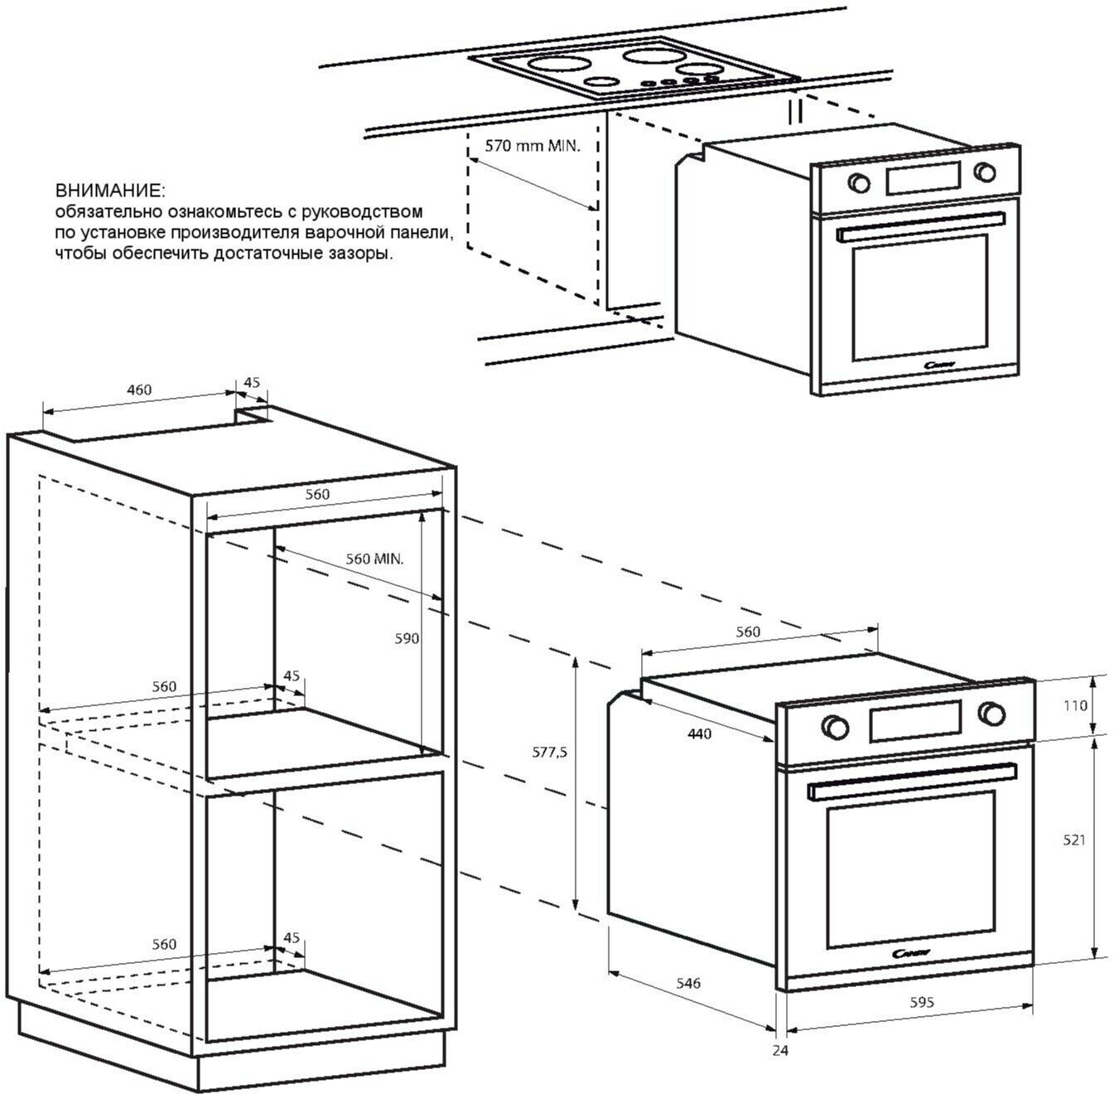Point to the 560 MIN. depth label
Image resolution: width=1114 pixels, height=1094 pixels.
pyautogui.click(x=374, y=559)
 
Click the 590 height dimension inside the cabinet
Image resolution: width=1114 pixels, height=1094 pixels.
pyautogui.click(x=407, y=638)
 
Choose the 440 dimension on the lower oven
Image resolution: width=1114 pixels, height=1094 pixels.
pyautogui.click(x=700, y=733)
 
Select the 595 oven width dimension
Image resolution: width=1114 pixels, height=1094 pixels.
pyautogui.click(x=921, y=1002)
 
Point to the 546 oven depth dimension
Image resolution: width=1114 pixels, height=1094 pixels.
pyautogui.click(x=687, y=983)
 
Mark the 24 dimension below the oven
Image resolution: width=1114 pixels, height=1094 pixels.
pyautogui.click(x=779, y=1050)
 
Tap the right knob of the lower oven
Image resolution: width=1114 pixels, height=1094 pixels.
pyautogui.click(x=990, y=713)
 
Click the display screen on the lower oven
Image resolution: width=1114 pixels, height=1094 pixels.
pyautogui.click(x=914, y=719)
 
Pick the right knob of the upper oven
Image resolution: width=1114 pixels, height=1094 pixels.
pyautogui.click(x=984, y=172)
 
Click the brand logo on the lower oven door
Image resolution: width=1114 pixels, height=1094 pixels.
pyautogui.click(x=914, y=954)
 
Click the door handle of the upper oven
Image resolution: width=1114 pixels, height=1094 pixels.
pyautogui.click(x=919, y=227)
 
